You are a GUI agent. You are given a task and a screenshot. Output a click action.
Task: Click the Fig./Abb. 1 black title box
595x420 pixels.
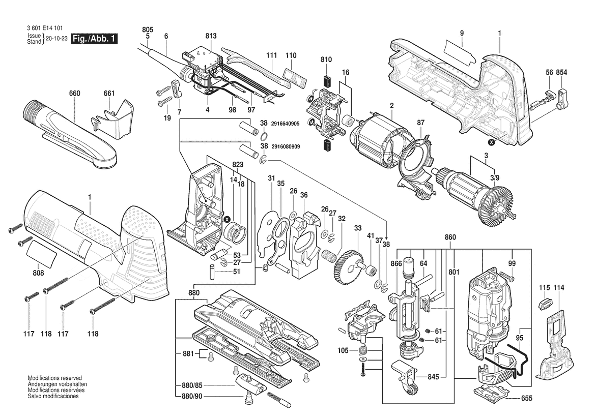[x=95, y=39]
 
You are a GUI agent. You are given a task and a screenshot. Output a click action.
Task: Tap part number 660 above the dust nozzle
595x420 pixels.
[x=75, y=94]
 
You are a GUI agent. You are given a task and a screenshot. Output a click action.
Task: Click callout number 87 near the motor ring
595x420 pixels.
[x=420, y=123]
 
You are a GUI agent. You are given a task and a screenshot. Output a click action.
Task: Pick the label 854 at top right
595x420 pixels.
[x=561, y=73]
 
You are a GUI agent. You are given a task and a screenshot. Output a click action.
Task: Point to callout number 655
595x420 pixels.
[x=526, y=399]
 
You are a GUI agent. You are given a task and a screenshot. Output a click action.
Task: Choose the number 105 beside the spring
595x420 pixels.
[x=344, y=350]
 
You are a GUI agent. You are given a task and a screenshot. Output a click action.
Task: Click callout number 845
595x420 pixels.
[x=433, y=377]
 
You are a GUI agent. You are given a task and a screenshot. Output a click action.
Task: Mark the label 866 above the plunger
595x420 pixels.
[x=396, y=263]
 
